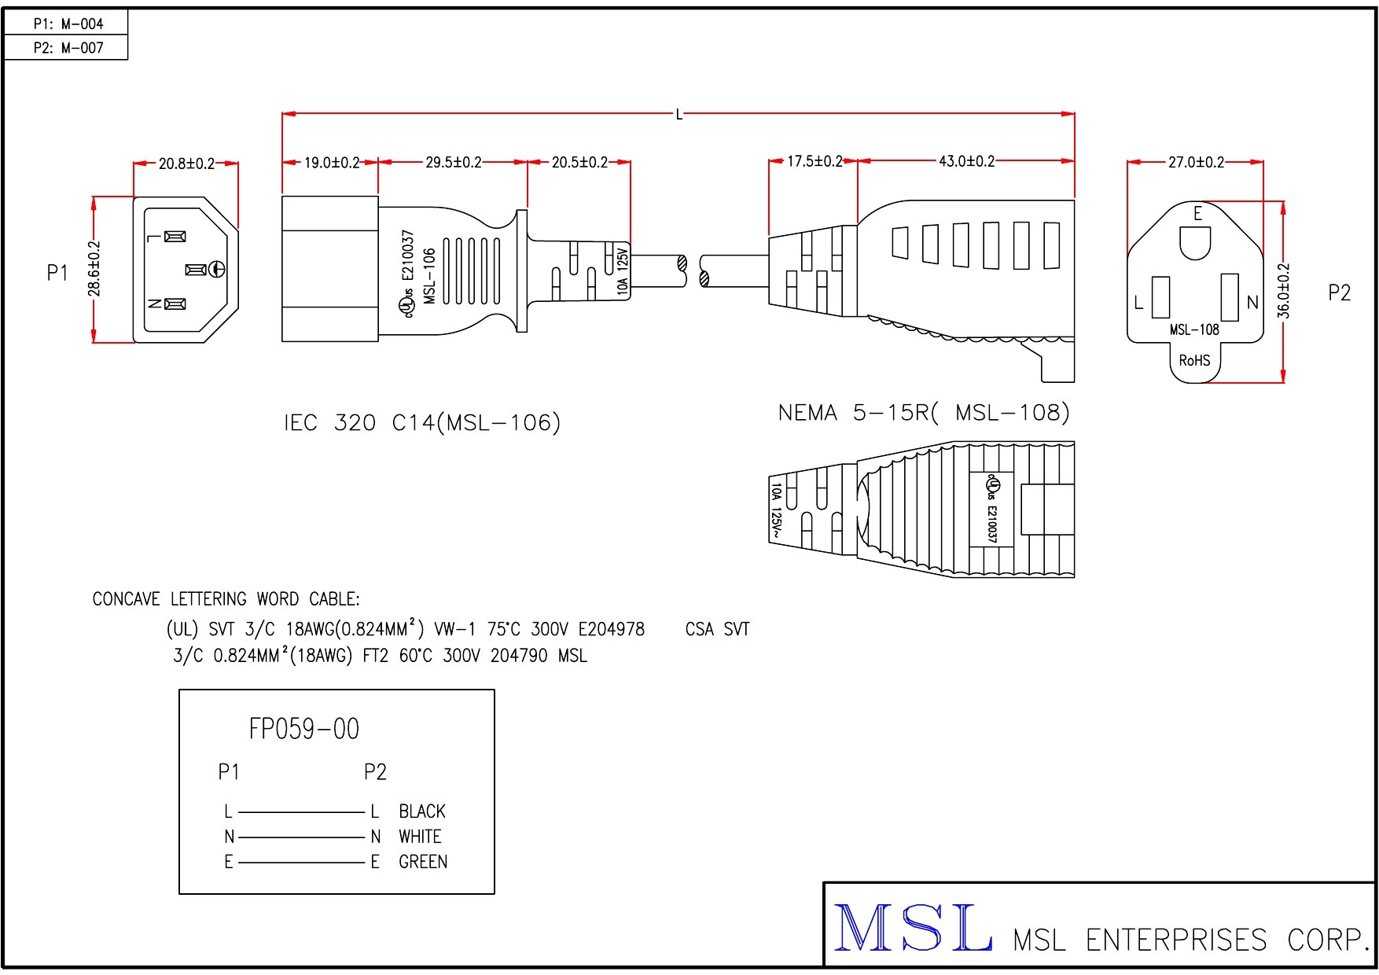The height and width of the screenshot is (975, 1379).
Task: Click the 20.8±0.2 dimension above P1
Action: pos(186,164)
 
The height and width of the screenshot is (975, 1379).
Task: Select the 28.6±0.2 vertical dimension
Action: pos(94,269)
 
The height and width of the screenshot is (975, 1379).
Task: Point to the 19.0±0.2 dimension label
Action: pos(332,163)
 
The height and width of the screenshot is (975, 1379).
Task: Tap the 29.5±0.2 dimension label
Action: pos(454,162)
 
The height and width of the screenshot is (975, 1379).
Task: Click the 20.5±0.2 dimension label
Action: pos(579,162)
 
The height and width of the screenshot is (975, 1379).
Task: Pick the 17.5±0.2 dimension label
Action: pos(815,161)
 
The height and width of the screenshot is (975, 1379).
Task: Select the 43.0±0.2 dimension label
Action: pos(966,161)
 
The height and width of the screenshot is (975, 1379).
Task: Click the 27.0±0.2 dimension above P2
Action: pos(1196,162)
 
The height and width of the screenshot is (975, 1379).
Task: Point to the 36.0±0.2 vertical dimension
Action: pos(1284,290)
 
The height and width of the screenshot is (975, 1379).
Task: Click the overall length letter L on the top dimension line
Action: pos(679,115)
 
